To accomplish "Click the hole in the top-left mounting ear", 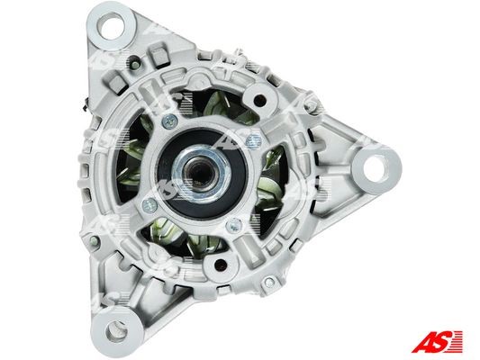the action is coord(111,26).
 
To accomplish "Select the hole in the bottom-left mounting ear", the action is coord(116,331).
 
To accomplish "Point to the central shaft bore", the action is coord(201,172).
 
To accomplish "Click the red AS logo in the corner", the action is coord(437,342).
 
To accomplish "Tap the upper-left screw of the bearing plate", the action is coord(169,121).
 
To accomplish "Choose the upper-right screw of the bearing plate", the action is coord(254,140).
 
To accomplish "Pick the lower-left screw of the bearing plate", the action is coord(150,205).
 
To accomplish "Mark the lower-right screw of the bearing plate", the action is coord(234,225).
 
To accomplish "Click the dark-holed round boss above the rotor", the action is coord(258,99).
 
